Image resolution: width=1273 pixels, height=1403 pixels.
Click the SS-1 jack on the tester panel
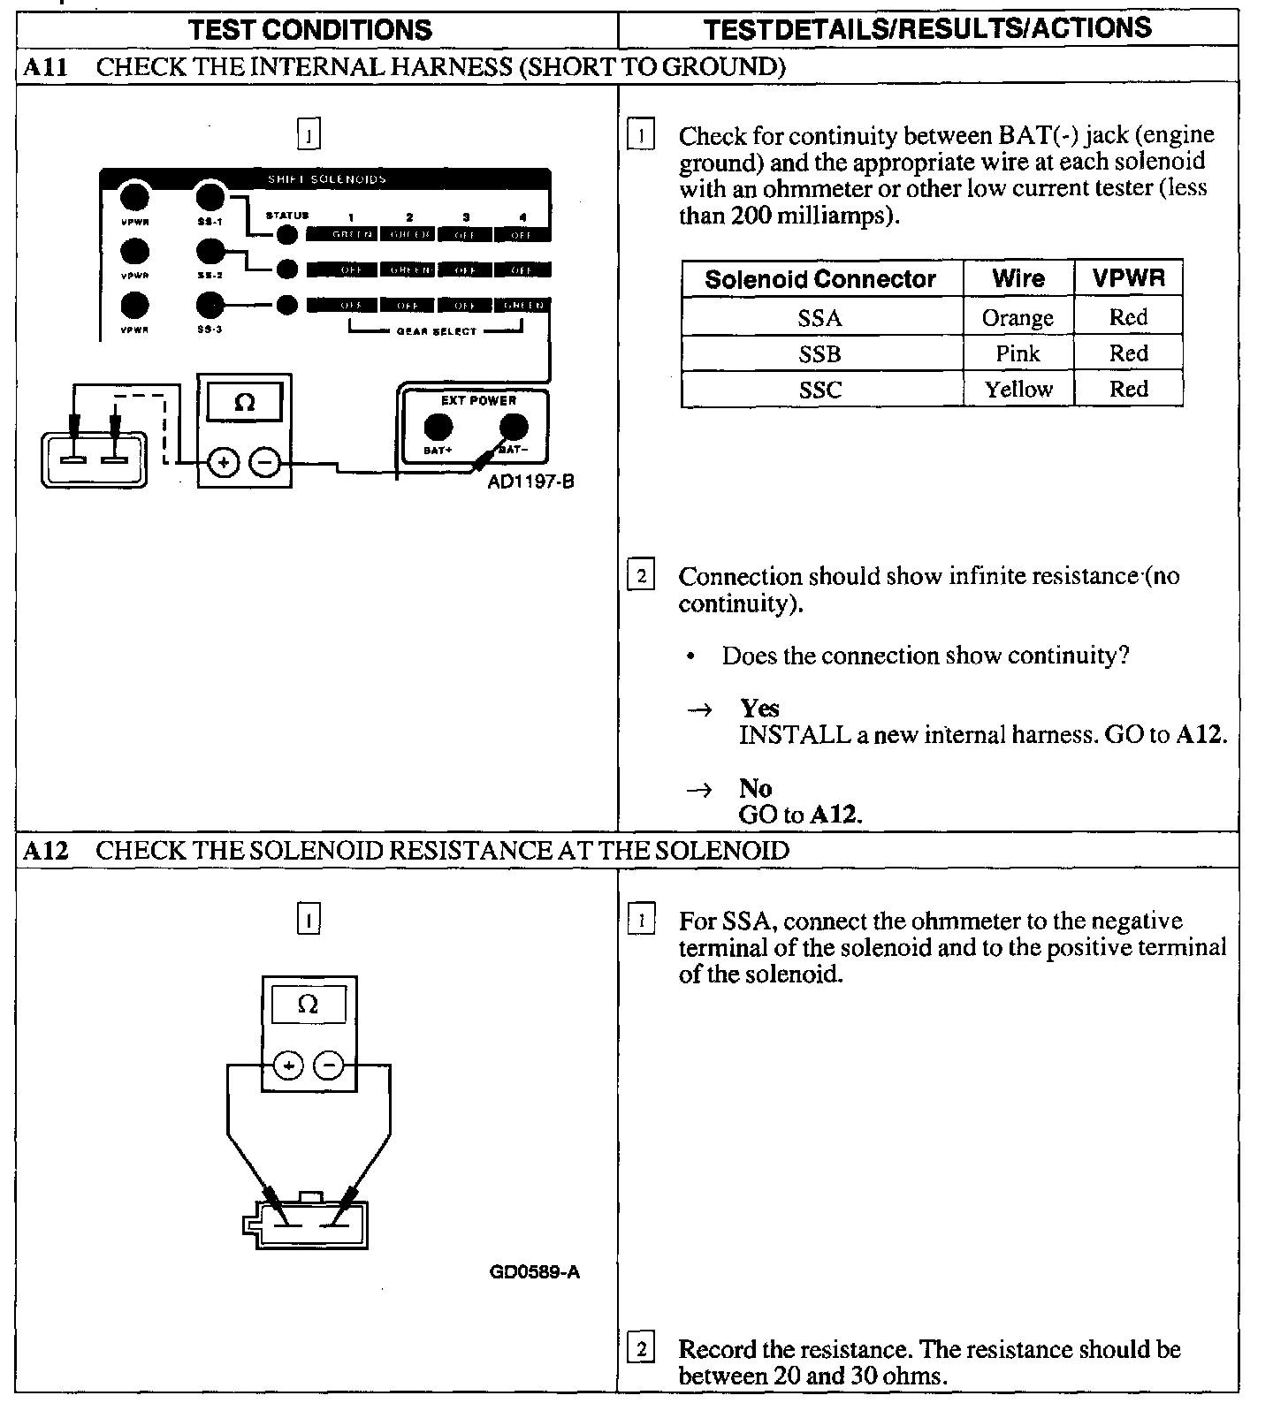[x=210, y=196]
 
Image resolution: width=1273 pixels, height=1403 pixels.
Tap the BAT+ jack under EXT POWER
[x=438, y=428]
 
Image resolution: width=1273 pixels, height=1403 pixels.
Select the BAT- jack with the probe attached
[x=514, y=428]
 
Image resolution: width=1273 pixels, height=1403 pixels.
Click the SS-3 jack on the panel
[x=210, y=305]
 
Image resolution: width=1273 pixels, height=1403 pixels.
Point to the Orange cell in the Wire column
[x=1018, y=318]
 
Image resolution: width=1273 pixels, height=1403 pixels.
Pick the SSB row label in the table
[x=819, y=354]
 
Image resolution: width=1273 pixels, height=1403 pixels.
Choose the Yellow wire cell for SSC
[x=1018, y=390]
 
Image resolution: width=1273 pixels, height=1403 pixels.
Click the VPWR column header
[x=1128, y=279]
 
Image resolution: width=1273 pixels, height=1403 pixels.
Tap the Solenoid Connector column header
[x=820, y=279]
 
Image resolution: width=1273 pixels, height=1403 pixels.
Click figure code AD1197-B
[x=531, y=482]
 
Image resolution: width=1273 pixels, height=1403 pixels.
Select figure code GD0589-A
[x=534, y=1272]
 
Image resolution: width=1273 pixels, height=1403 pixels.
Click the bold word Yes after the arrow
[x=760, y=709]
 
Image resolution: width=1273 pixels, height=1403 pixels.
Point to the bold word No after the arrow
[x=756, y=788]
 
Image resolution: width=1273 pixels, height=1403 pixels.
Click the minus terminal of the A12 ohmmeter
[x=329, y=1066]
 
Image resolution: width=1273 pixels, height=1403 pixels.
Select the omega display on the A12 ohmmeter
[x=308, y=1005]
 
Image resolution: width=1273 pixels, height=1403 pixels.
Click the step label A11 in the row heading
[x=44, y=66]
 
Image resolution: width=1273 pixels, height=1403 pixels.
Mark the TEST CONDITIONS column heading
[x=310, y=29]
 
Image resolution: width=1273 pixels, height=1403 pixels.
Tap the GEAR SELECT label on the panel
[x=437, y=331]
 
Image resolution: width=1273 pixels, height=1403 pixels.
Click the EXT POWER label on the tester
[x=478, y=400]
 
